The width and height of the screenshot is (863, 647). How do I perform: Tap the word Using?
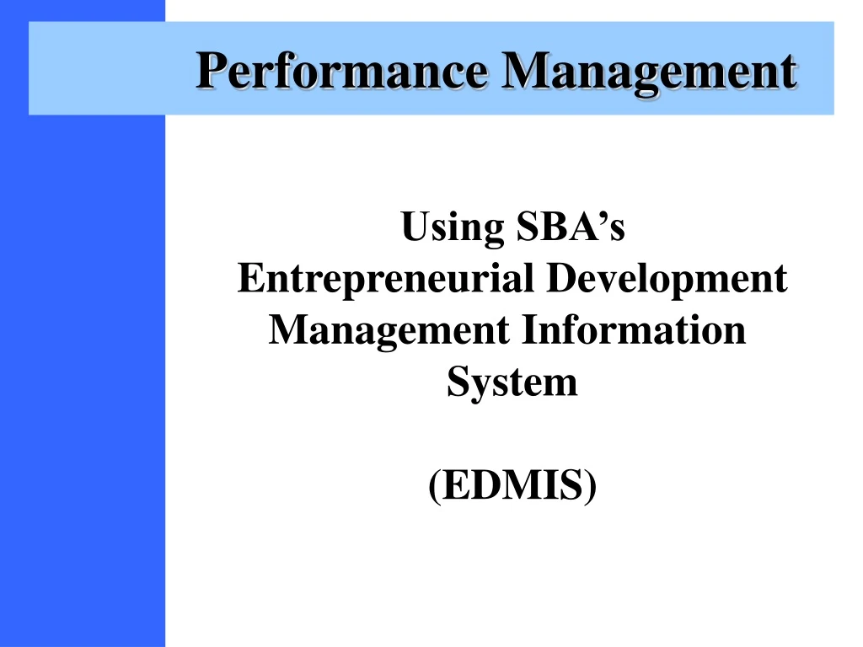pos(449,227)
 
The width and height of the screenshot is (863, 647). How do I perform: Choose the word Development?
pos(667,279)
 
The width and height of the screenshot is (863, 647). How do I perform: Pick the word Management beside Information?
pos(389,331)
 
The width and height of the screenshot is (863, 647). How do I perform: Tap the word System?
pos(512,383)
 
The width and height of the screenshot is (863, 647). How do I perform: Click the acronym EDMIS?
pos(512,488)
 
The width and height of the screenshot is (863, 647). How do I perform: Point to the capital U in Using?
pos(414,227)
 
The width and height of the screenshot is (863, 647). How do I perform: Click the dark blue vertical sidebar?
pos(82,379)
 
